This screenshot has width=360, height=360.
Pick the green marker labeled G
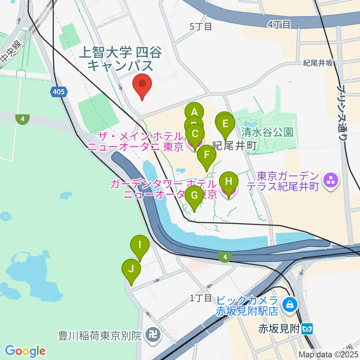[x=194, y=195]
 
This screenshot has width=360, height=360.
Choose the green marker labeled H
[x=229, y=182]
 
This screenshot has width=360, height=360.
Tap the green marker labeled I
[x=140, y=245]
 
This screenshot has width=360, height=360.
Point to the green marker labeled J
[x=131, y=268]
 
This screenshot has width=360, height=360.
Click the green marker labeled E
[x=225, y=124]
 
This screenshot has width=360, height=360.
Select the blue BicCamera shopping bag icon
[x=290, y=305]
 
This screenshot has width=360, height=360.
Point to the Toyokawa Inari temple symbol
[x=153, y=333]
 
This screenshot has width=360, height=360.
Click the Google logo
[x=25, y=351]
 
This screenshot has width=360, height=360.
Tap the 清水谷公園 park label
[x=267, y=132]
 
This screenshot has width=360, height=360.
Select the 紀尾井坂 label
[x=318, y=63]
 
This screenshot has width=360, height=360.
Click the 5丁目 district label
[x=201, y=26]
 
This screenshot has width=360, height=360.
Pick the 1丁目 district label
[x=201, y=298]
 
